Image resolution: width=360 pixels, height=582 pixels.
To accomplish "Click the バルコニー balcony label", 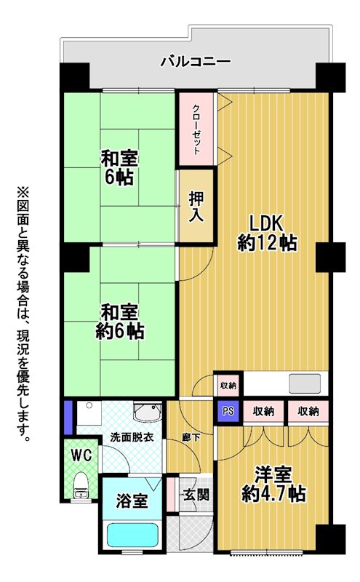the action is (196, 61).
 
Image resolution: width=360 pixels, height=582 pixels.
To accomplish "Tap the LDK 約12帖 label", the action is (267, 234).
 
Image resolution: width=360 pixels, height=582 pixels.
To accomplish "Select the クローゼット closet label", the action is (196, 129).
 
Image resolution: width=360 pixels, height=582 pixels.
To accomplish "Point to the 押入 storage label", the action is (196, 207).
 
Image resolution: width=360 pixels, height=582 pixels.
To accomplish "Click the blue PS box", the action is (228, 411).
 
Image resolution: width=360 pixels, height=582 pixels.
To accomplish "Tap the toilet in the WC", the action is (79, 485).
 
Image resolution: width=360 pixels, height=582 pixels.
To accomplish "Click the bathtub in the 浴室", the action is (132, 535).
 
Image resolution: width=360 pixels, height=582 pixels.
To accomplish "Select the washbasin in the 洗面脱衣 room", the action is (148, 412).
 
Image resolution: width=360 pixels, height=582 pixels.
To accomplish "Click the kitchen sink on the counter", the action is (305, 383).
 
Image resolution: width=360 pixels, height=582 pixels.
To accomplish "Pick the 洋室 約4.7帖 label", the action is (273, 484).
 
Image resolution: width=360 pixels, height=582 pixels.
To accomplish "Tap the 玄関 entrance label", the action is (196, 495).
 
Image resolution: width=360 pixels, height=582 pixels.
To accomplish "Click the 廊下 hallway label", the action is (191, 438).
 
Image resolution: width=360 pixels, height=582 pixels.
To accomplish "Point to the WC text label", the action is (81, 455).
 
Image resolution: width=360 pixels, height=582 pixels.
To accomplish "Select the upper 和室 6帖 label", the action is (119, 167).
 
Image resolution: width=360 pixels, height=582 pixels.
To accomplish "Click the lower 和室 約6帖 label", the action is (120, 322).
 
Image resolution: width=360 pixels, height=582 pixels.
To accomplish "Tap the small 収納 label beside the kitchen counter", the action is (228, 386).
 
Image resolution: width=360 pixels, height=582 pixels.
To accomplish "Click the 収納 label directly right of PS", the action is (263, 411).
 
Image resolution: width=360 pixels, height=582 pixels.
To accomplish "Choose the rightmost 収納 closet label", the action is (308, 411).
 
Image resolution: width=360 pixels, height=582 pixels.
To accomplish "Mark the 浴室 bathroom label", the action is (132, 501).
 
